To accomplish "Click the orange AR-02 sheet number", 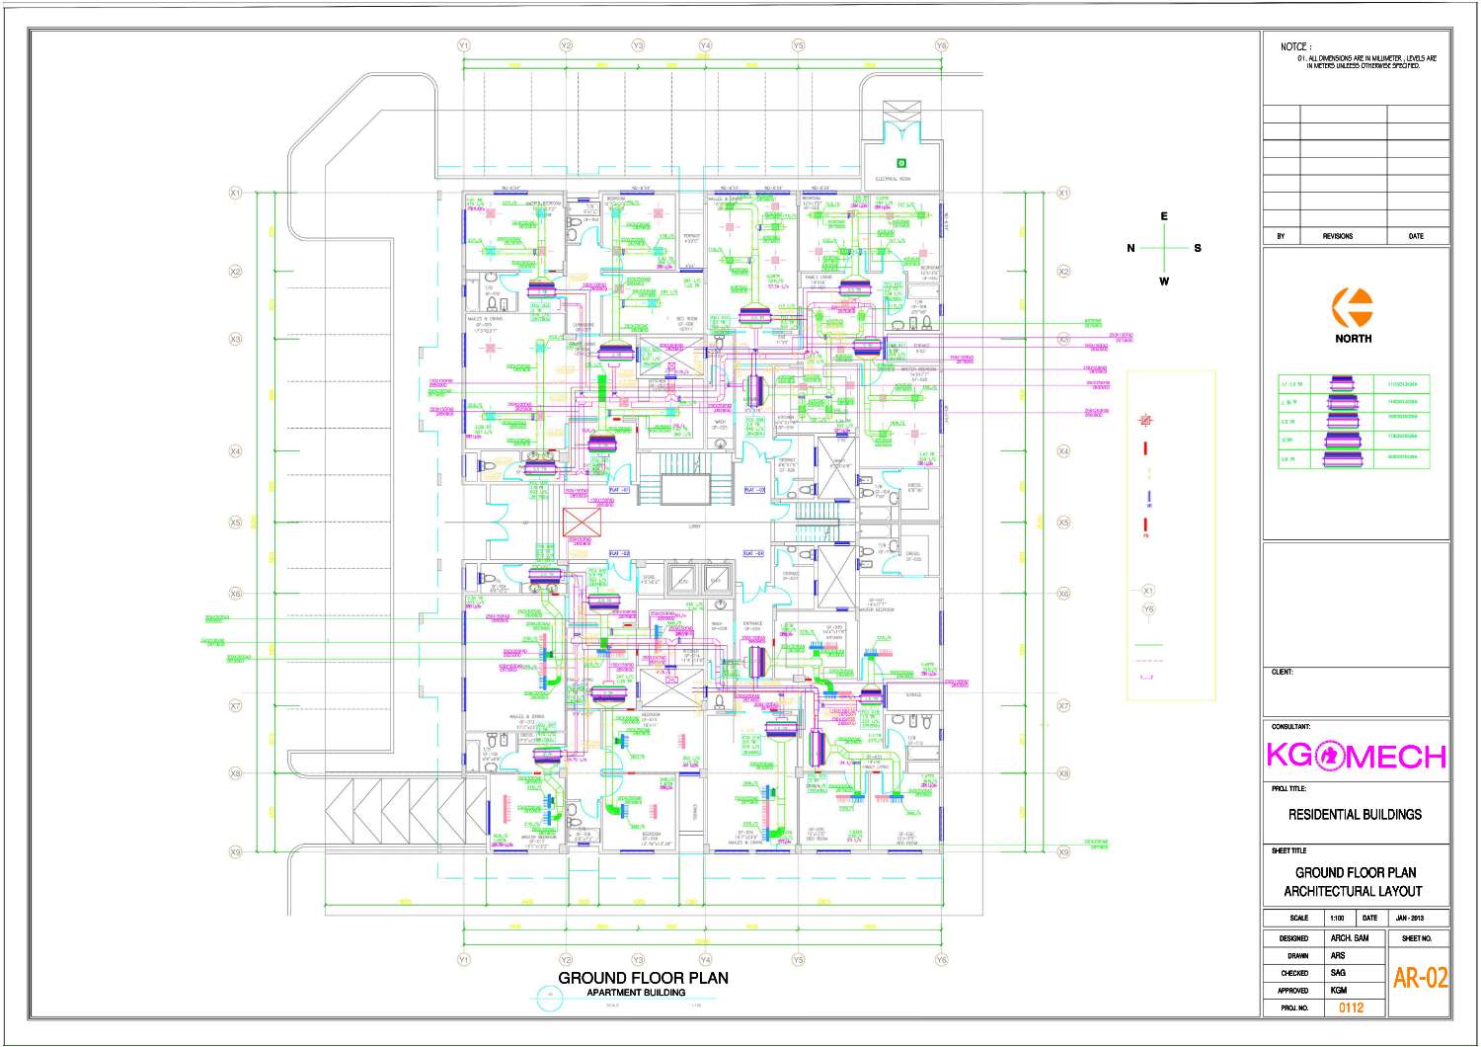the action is pos(1420,978).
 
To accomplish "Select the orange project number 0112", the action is pos(1351,1007).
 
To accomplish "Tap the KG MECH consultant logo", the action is pos(1356,756).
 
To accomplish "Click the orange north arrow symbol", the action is pos(1352,307).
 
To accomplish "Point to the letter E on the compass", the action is pos(1164,216).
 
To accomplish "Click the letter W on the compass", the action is pos(1164,282).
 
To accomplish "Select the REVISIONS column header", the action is pos(1338,236).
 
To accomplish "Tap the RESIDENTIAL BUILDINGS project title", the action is pos(1355,815).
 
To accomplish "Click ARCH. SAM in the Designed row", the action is pos(1349,937).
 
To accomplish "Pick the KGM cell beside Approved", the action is pos(1338,990).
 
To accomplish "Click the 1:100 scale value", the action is pos(1337,918).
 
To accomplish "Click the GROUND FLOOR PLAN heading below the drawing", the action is pos(643,978).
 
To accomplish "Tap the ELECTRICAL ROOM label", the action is pos(893,180).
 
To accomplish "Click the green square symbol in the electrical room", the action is pos(900,162).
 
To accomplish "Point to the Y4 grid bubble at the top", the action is pos(705,45).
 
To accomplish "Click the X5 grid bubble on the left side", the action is pos(235,523).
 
